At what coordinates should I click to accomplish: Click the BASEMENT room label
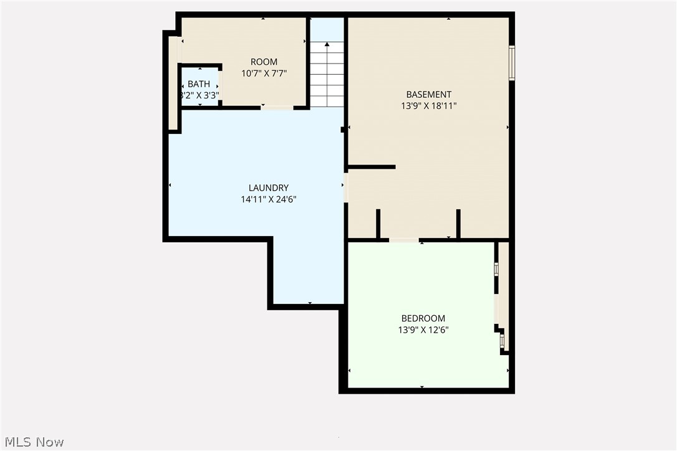[x=428, y=95]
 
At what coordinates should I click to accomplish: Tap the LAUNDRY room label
[x=269, y=188]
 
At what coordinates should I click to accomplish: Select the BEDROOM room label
[x=423, y=318]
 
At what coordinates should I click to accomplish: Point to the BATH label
[x=199, y=84]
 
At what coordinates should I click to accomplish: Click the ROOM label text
[x=264, y=62]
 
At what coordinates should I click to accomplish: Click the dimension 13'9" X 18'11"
[x=428, y=106]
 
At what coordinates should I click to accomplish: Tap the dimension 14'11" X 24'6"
[x=269, y=199]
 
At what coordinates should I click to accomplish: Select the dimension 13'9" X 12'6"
[x=423, y=330]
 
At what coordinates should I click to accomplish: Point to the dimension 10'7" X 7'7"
[x=264, y=73]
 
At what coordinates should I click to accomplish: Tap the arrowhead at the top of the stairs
[x=327, y=44]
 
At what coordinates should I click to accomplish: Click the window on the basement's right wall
[x=512, y=63]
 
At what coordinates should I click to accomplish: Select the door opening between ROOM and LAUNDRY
[x=277, y=108]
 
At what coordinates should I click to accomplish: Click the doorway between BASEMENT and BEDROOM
[x=404, y=240]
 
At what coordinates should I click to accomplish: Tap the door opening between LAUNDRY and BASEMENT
[x=345, y=188]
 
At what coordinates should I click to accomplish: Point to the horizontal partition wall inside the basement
[x=372, y=167]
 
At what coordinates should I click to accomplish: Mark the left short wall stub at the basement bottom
[x=378, y=224]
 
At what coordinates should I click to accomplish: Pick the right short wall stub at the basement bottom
[x=458, y=224]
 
